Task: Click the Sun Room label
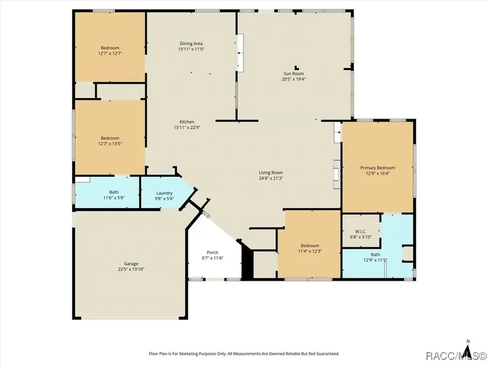[x=293, y=73]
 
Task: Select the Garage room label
[x=131, y=264]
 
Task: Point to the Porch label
[x=212, y=252]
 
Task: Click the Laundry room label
[x=164, y=193]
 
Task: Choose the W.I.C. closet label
[x=361, y=231]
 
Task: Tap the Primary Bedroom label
[x=378, y=168]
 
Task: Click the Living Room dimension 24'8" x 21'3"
[x=271, y=178]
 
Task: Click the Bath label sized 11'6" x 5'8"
[x=114, y=192]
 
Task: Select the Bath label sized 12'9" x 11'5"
[x=375, y=255]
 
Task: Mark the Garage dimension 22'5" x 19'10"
[x=131, y=269]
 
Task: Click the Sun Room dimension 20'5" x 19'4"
[x=293, y=79]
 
